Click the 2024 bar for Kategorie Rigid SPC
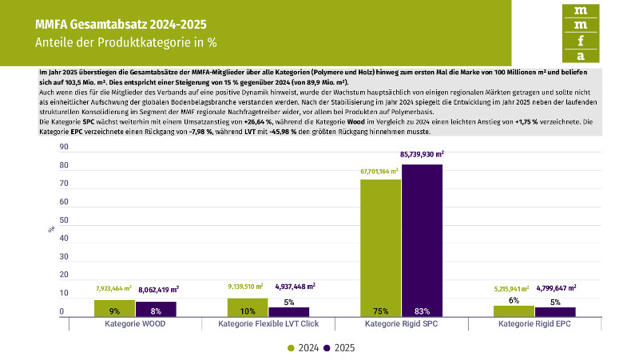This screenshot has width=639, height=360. [380, 247]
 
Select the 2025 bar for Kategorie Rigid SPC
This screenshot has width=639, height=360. [422, 239]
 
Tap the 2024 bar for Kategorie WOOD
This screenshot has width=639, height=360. [114, 308]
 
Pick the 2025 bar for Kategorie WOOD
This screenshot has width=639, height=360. [156, 309]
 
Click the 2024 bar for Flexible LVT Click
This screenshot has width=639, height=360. [248, 307]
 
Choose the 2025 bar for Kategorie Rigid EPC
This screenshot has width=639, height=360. [555, 311]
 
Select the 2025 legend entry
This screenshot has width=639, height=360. [335, 348]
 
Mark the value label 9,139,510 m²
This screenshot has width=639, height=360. [247, 286]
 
